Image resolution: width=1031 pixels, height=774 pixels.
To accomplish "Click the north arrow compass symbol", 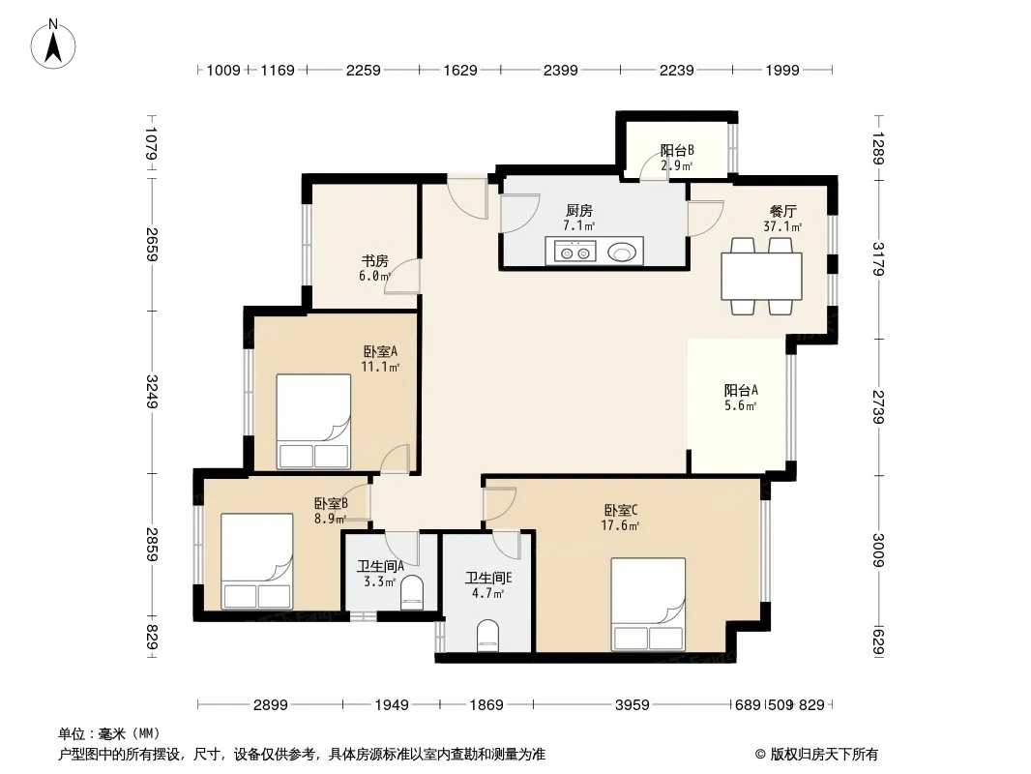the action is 53,45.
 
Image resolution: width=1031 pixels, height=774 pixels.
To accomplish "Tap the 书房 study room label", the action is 375,261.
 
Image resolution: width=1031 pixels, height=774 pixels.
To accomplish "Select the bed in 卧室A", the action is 313,422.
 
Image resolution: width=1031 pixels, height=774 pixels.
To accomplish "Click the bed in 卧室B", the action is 257,561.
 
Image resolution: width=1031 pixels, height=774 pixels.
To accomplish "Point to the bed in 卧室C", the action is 648,605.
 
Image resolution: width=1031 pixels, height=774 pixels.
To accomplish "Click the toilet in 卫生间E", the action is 487,636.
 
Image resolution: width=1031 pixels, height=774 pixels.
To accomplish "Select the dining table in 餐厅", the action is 761,276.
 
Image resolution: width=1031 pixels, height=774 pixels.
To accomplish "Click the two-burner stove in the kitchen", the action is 575,252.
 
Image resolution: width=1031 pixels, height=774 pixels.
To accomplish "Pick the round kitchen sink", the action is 621,252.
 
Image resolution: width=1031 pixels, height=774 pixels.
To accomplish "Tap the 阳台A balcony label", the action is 741,390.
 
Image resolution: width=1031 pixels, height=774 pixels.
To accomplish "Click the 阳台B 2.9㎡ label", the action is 677,158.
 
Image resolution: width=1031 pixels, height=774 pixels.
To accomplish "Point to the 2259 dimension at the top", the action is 364,70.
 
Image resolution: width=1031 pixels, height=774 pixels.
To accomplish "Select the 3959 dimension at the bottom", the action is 632,705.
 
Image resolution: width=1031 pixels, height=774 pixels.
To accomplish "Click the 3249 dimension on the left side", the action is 151,391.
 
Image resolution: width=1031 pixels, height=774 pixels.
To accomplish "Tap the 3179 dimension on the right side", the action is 878,258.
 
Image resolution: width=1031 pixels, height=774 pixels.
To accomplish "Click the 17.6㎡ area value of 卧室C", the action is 620,525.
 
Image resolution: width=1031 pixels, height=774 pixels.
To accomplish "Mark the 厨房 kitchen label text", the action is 579,211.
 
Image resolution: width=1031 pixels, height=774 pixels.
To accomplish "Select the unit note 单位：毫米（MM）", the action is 109,734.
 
